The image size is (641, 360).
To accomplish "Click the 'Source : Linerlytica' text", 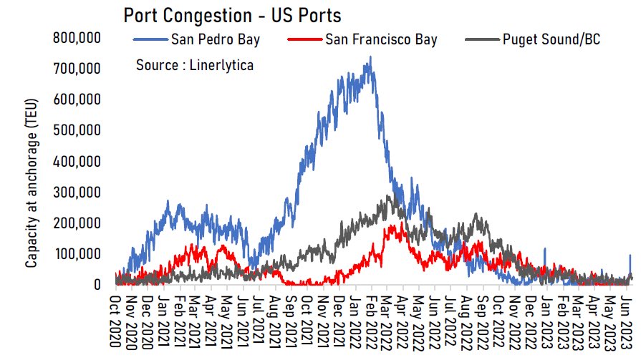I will (195, 65).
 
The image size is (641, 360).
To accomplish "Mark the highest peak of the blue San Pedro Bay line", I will (370, 57).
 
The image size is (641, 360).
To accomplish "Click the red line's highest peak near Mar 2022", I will (393, 225).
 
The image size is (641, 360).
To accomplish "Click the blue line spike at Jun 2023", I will (630, 256).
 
